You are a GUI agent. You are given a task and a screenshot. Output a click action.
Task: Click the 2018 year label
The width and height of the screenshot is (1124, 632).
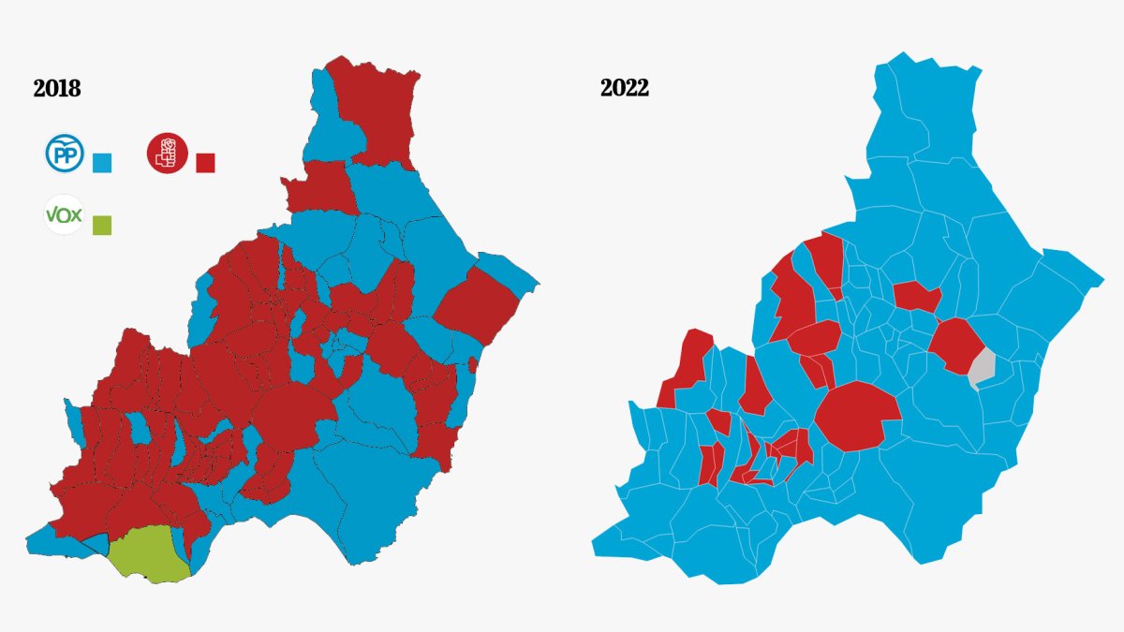tap(57, 89)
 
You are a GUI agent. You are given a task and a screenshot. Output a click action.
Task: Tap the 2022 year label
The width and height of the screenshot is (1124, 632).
tap(625, 89)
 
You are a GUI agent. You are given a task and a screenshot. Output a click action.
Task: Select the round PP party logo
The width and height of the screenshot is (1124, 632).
tap(65, 154)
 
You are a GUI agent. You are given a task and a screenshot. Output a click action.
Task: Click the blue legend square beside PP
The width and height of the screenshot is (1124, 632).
tap(103, 163)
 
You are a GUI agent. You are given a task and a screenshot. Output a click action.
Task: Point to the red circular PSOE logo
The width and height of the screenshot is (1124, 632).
tap(168, 152)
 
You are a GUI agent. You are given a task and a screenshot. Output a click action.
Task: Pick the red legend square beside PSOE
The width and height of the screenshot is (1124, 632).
tap(205, 163)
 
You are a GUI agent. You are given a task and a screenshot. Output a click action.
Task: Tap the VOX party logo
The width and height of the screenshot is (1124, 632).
tap(65, 215)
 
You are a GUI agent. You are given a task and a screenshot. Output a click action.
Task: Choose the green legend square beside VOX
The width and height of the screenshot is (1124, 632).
tap(102, 225)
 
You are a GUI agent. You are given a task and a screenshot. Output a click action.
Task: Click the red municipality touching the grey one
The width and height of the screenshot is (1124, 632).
tap(955, 345)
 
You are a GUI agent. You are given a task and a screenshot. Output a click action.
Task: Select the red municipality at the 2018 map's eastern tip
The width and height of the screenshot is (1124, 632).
tap(478, 304)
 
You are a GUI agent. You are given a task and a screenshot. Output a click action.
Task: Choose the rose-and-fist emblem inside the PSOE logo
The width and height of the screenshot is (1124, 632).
tap(169, 152)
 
